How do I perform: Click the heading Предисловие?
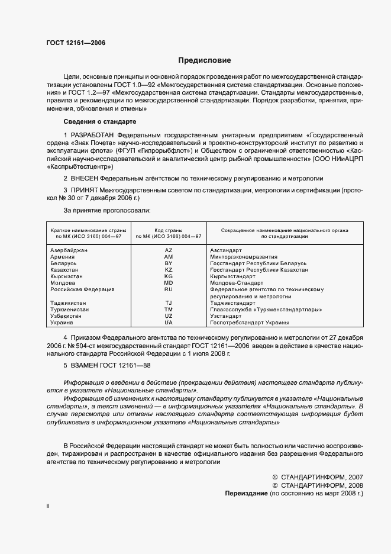[x=205, y=60]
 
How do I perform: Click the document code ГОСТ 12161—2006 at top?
[x=72, y=43]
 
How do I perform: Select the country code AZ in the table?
[x=168, y=250]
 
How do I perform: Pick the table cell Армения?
[x=63, y=257]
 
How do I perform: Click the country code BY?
[x=168, y=263]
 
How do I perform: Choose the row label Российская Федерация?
[x=82, y=289]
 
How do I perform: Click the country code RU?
[x=168, y=289]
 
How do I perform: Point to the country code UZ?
[x=168, y=316]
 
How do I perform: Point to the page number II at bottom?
[x=49, y=507]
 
